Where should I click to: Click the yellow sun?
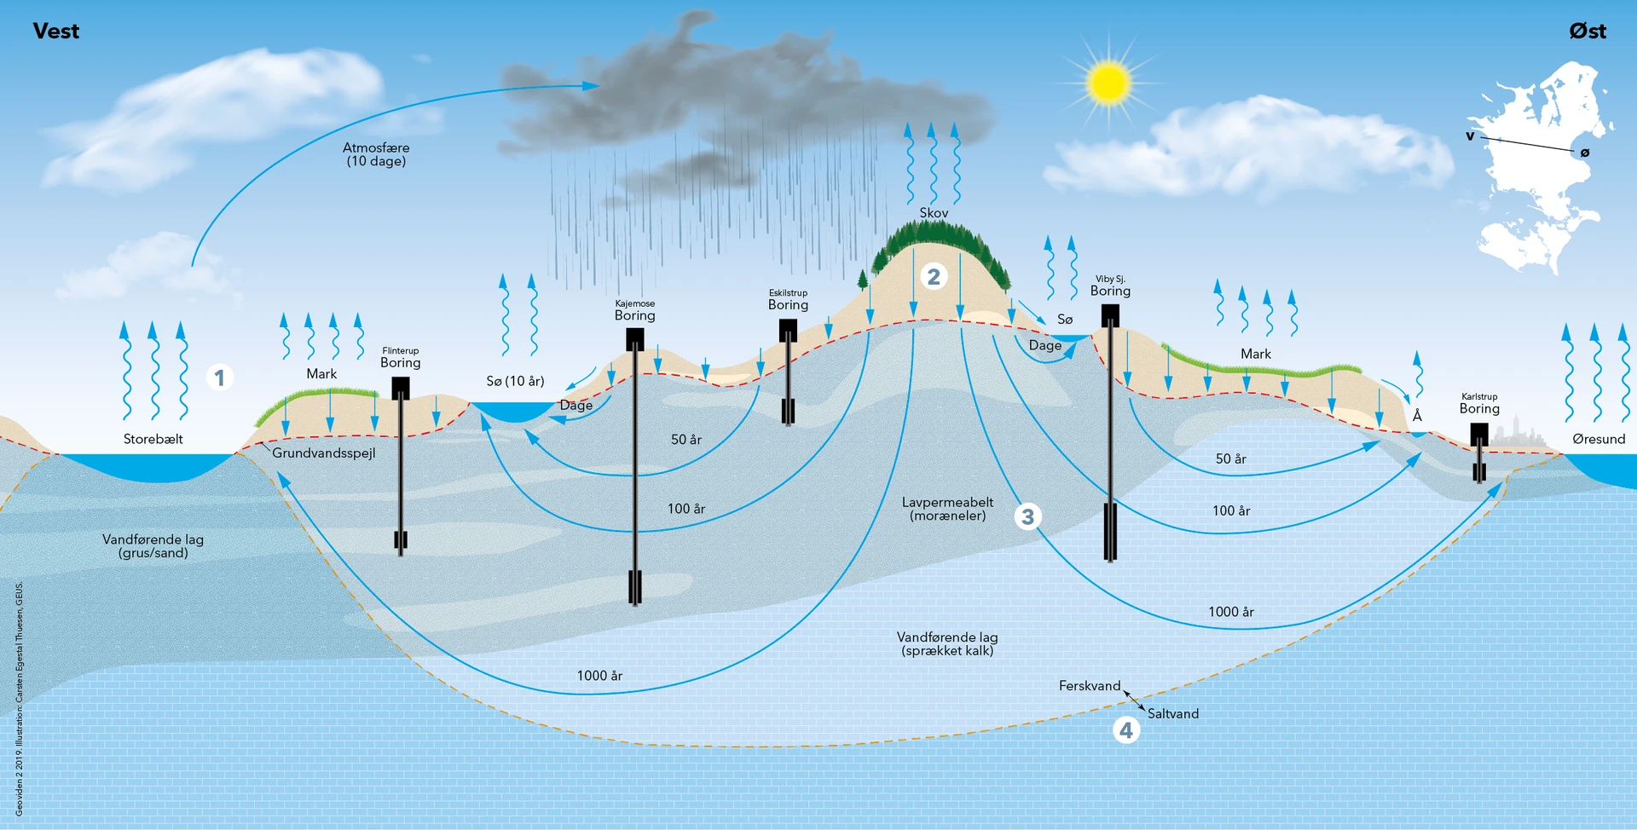point(1108,83)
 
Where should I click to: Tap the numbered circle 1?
point(220,378)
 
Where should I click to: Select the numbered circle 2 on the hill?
point(934,277)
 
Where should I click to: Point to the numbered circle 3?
point(1027,516)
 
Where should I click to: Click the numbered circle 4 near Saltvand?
point(1126,730)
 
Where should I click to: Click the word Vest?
point(56,32)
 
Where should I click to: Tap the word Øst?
point(1587,32)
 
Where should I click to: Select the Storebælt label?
point(153,439)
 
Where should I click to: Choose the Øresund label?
point(1599,439)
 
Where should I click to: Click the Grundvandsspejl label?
point(324,452)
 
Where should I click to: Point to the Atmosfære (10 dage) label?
point(376,154)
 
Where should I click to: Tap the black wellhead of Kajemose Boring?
point(635,339)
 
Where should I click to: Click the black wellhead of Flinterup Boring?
point(401,389)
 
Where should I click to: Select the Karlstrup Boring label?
point(1479,403)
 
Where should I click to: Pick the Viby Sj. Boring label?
point(1110,285)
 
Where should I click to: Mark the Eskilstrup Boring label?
point(788,300)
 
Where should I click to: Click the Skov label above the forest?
point(934,213)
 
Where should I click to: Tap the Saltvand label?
point(1173,714)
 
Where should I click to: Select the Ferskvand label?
point(1090,686)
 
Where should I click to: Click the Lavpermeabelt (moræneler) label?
point(947,509)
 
